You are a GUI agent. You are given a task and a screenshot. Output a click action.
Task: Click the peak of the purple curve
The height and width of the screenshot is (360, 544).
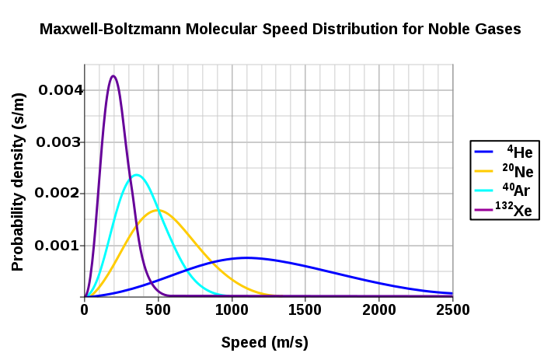pos(113,75)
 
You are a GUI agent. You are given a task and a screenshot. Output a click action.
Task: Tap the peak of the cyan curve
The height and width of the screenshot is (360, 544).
pos(137,174)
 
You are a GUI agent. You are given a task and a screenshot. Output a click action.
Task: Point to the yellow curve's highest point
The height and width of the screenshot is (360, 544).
pos(158,210)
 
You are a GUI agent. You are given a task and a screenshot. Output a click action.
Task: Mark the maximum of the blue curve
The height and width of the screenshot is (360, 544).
pos(246,257)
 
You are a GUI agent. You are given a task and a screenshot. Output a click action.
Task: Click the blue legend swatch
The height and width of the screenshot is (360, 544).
pos(483,152)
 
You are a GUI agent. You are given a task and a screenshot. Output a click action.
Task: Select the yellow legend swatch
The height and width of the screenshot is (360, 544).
pos(483,171)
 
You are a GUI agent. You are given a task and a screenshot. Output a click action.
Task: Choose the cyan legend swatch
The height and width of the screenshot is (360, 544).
pos(483,190)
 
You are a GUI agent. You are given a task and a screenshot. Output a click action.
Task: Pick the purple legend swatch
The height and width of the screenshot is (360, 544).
pos(483,210)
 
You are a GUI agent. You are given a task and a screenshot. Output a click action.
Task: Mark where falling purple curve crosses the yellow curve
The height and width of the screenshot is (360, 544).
pos(135,231)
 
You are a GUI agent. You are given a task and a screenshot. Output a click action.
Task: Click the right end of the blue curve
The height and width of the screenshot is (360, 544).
pos(452,294)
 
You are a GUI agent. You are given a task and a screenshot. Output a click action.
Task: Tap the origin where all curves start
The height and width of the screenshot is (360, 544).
pos(85,296)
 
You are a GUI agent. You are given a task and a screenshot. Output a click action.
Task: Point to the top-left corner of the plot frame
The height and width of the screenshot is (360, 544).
pos(85,65)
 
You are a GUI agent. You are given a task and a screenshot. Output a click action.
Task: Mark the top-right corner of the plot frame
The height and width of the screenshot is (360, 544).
pos(452,65)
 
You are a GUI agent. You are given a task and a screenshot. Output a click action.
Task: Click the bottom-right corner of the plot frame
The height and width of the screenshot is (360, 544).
pos(452,296)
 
